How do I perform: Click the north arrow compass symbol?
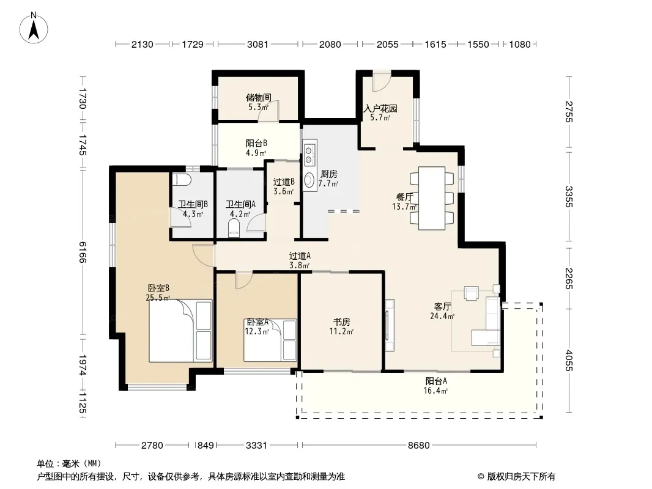point(34,28)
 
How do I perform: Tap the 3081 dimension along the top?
point(258,44)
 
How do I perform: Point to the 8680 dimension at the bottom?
point(418,446)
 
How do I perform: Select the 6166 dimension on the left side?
point(82,252)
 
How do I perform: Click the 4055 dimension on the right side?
point(569,361)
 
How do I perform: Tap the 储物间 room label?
point(258,98)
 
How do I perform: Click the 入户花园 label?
point(380,108)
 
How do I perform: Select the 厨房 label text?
point(329,174)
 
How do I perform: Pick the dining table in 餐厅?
point(432,198)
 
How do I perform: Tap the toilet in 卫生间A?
point(234,227)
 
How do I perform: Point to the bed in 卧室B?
point(180,330)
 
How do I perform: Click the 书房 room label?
point(341,322)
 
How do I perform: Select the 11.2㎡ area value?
point(341,331)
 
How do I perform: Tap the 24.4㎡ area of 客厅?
point(442,316)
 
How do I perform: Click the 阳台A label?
point(435,381)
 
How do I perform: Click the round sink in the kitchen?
point(309,180)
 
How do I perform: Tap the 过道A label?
point(300,256)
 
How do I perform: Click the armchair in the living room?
point(472,293)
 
